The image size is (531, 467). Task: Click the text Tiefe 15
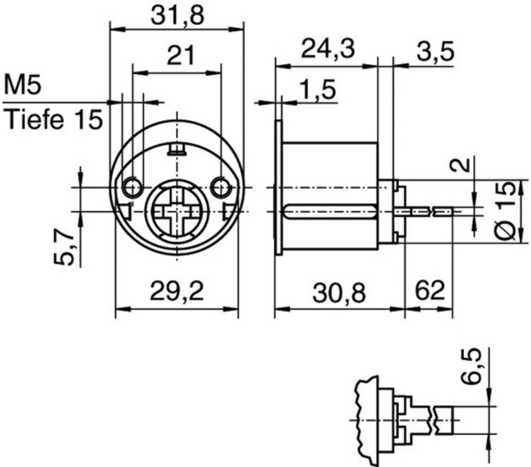point(54,119)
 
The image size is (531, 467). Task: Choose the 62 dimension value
point(431,291)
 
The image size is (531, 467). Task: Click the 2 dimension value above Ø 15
point(464,166)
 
